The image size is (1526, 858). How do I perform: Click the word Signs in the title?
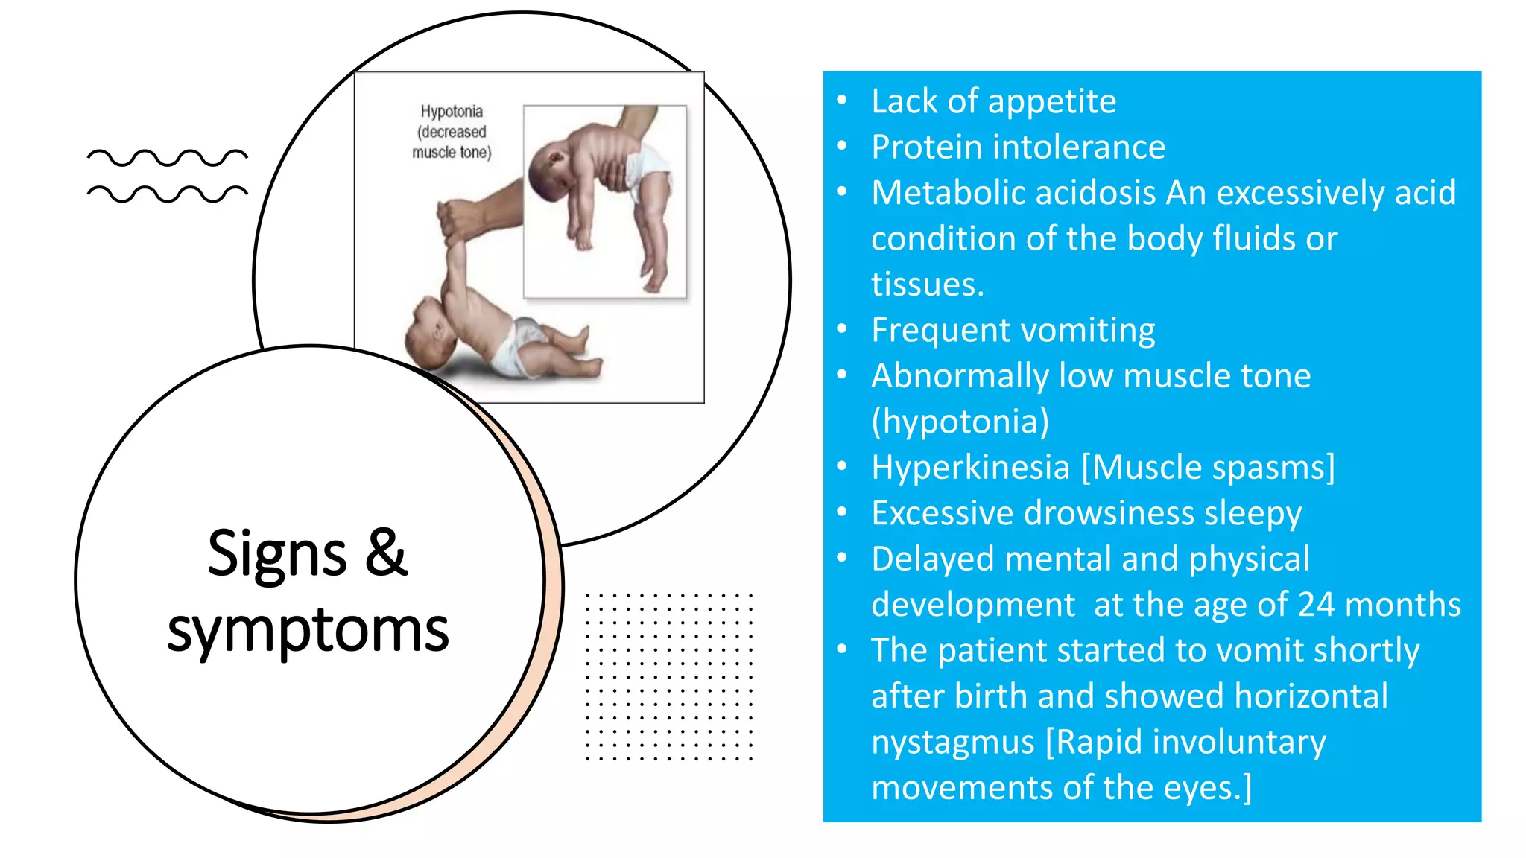coord(276,555)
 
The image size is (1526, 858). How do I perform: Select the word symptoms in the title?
coord(308,630)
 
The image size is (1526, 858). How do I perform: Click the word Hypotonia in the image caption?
coord(452,112)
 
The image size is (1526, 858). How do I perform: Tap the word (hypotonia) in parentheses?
coord(960,422)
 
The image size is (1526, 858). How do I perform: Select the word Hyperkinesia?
coord(970,468)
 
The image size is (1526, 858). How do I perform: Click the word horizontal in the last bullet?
coord(1311,696)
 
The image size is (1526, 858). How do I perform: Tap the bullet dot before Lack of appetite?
coord(842,101)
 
